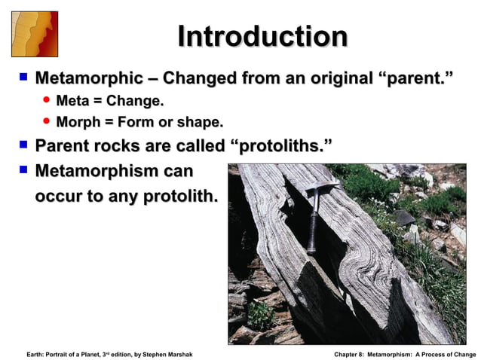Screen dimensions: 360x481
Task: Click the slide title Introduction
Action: (x=262, y=37)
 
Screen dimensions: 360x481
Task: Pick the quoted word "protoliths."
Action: (x=279, y=145)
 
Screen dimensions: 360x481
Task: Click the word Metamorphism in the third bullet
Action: (x=96, y=171)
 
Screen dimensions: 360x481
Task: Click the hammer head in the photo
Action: (x=322, y=186)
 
